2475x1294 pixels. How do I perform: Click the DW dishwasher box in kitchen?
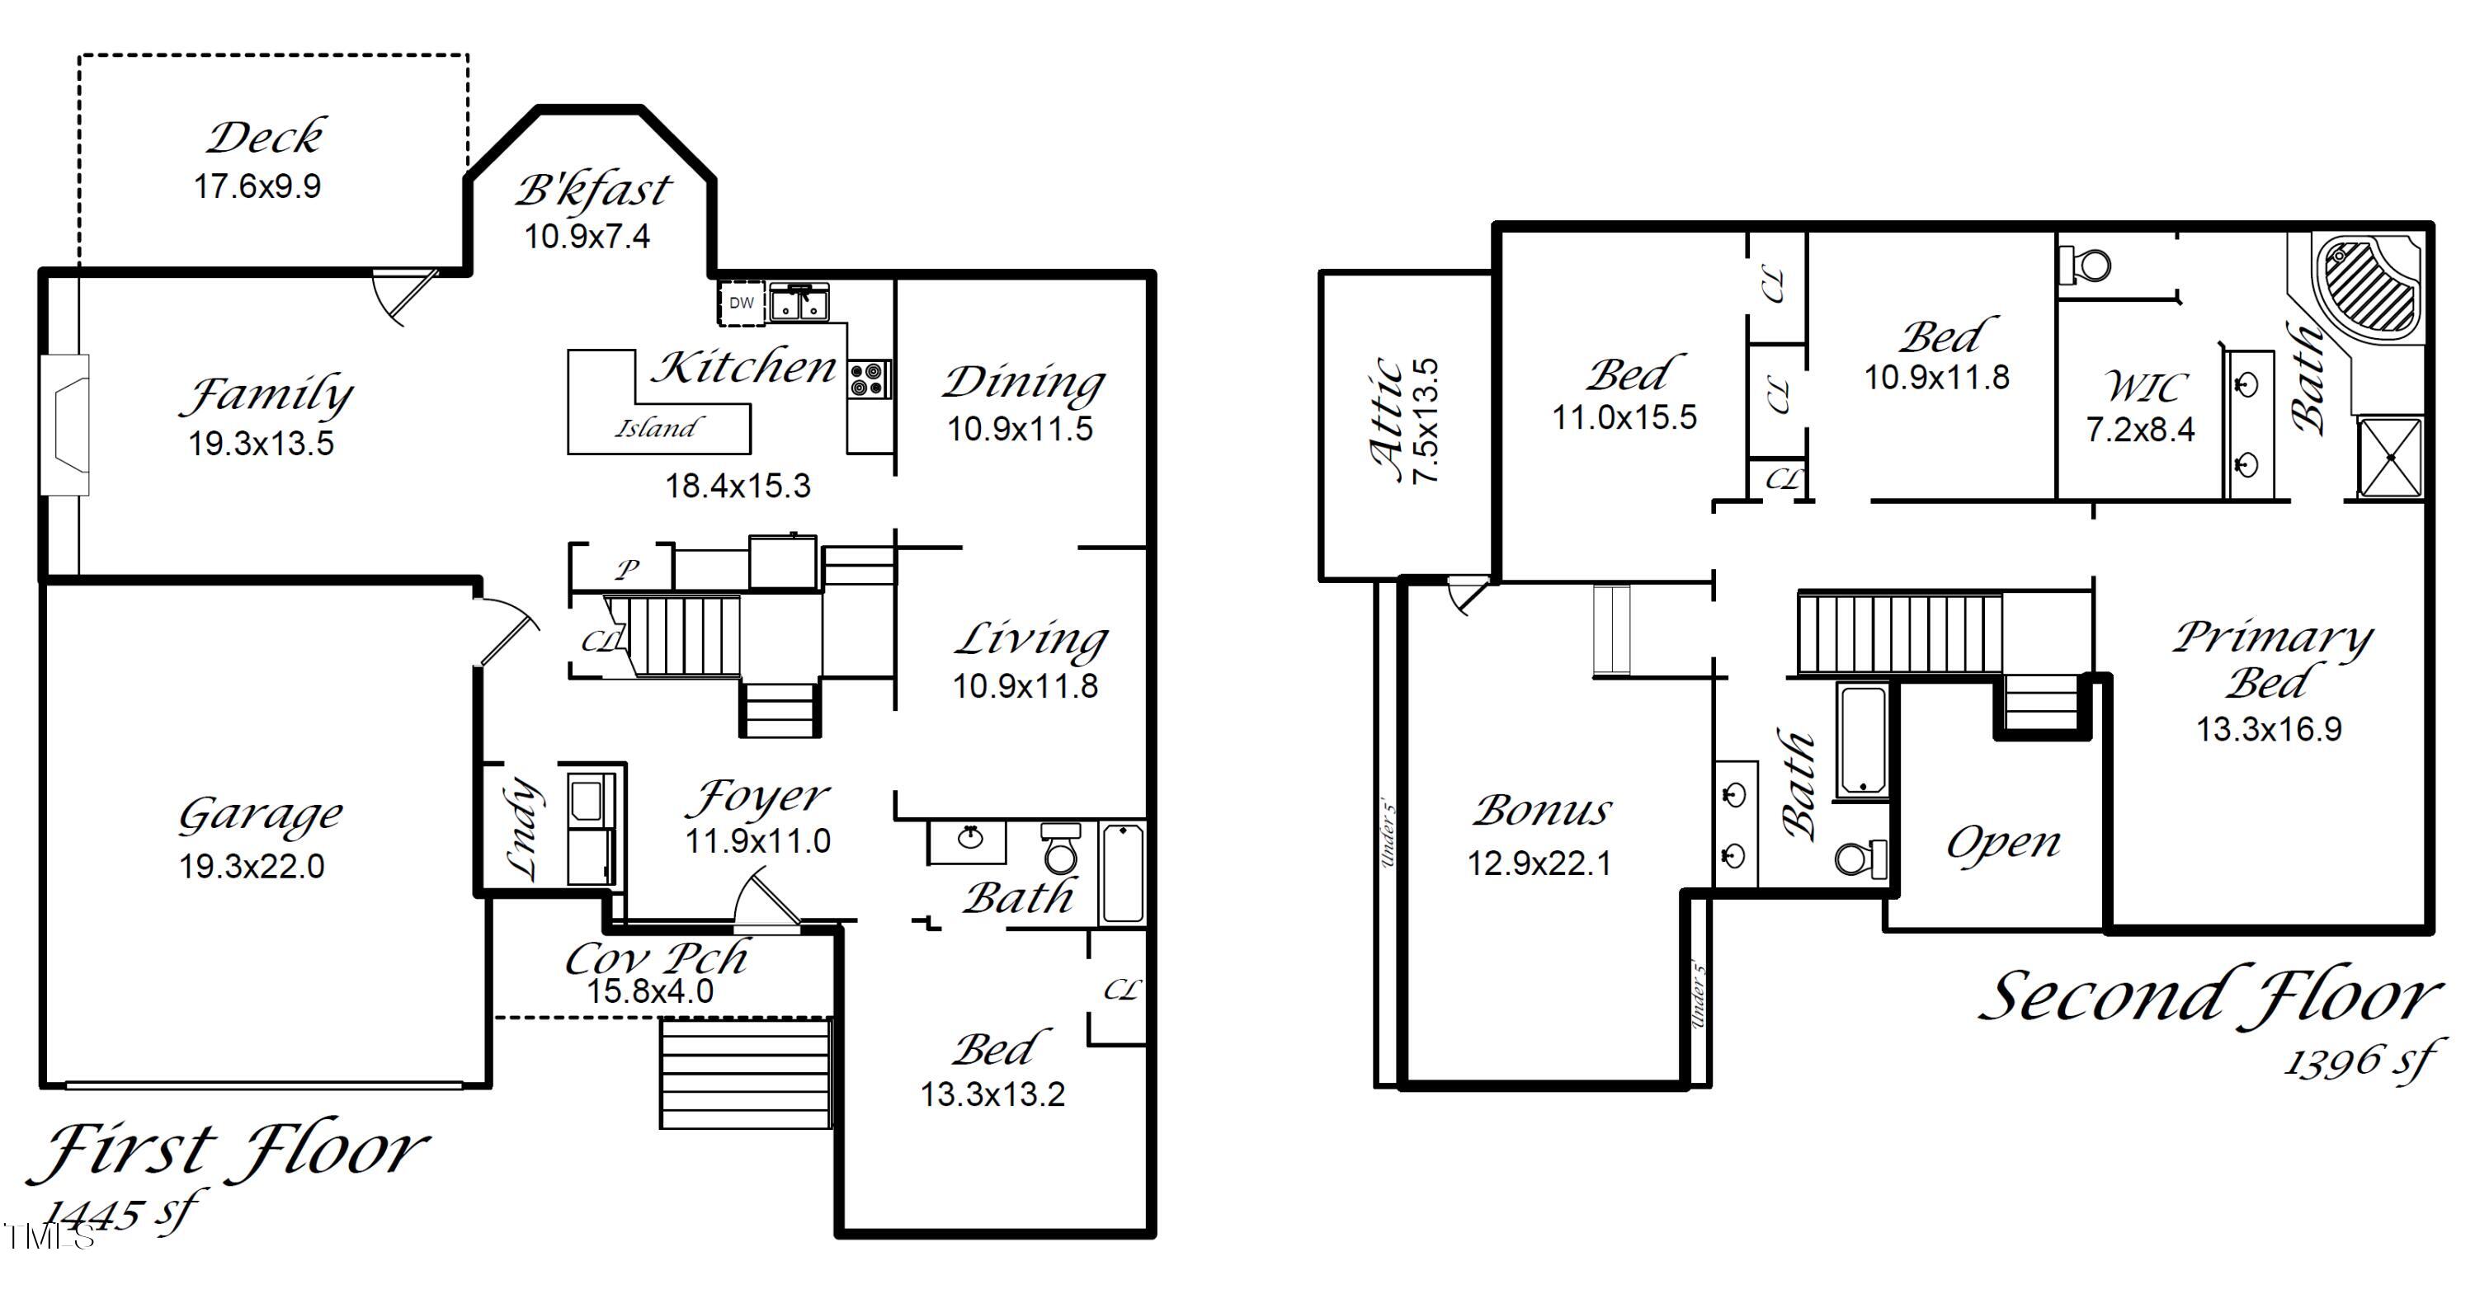[742, 303]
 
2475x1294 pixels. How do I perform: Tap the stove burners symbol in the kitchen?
[870, 379]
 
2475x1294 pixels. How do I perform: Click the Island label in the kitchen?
[658, 427]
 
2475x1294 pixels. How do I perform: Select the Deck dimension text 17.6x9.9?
[257, 186]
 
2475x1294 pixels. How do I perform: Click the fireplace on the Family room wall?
[65, 425]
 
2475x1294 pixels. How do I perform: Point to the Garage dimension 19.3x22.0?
[252, 867]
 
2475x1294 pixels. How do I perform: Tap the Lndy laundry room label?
[521, 829]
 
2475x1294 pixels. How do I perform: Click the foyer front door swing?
[764, 903]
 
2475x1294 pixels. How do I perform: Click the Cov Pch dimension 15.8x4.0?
[650, 991]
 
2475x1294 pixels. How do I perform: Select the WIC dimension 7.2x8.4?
[2140, 430]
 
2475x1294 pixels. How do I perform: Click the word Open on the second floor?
[2003, 844]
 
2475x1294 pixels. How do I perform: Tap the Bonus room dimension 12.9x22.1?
[1539, 863]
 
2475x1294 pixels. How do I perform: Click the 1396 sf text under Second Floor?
[2359, 1061]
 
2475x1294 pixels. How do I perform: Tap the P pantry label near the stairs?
[627, 569]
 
